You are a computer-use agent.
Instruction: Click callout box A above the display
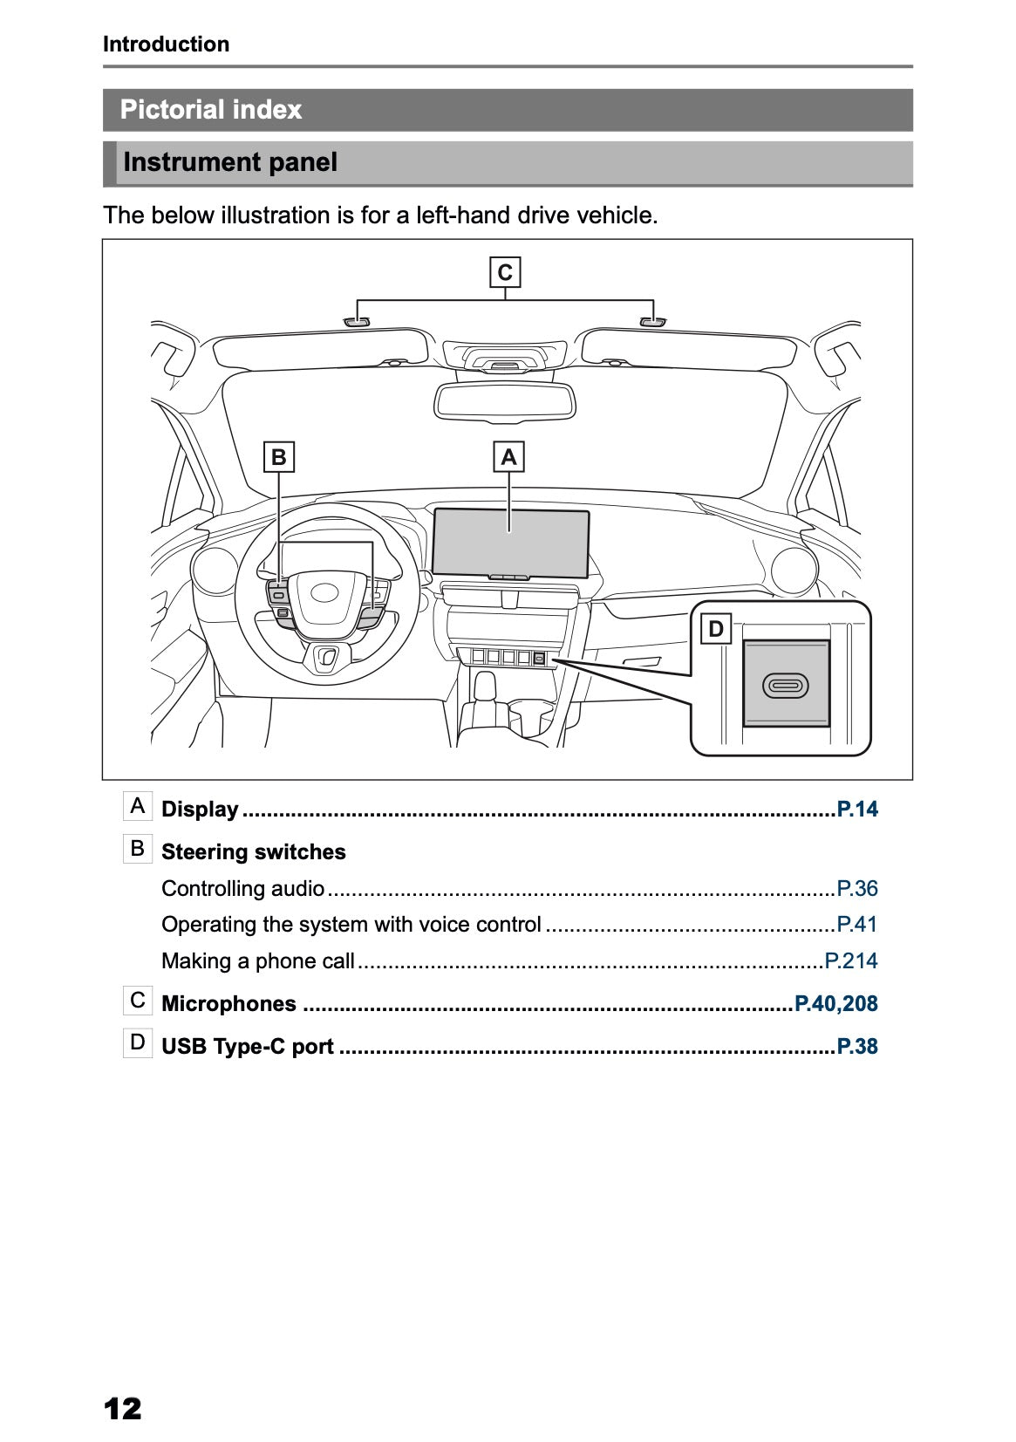click(509, 457)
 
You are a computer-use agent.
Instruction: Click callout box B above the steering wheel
click(278, 457)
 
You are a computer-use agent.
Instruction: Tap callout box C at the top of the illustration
click(505, 273)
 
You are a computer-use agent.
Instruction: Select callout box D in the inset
click(716, 628)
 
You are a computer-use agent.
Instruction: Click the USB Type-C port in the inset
click(785, 686)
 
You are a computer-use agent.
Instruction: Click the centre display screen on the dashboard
click(511, 541)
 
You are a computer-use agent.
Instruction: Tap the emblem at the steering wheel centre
click(326, 593)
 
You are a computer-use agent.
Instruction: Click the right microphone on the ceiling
click(652, 322)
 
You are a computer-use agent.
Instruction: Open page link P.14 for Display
click(857, 810)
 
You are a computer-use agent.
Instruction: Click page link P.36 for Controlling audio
click(857, 889)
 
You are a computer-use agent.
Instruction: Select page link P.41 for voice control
click(857, 925)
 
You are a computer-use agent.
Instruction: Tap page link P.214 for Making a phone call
click(852, 961)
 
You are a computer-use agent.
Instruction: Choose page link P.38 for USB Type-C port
click(857, 1047)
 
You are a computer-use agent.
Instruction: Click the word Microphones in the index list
click(228, 1004)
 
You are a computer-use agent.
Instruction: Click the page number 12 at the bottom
click(122, 1409)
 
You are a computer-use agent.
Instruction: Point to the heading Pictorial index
click(211, 110)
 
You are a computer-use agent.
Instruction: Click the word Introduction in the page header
click(166, 44)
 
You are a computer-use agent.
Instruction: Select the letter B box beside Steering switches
click(138, 848)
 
